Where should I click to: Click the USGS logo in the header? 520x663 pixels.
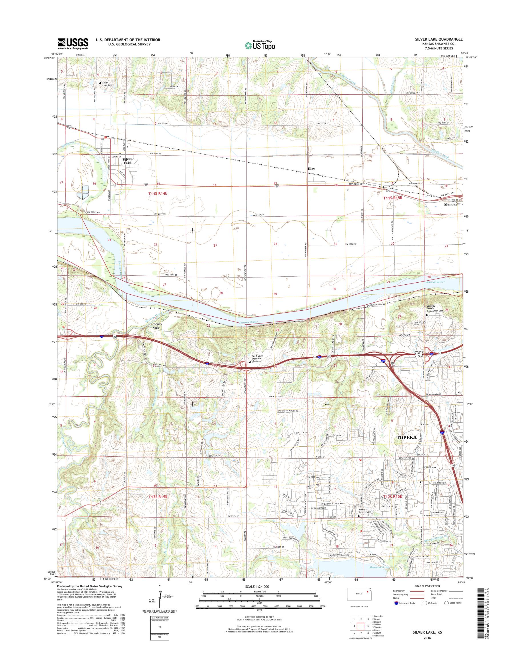(x=73, y=43)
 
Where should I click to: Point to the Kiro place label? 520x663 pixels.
(x=311, y=168)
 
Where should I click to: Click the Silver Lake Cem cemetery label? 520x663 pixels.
(x=107, y=84)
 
